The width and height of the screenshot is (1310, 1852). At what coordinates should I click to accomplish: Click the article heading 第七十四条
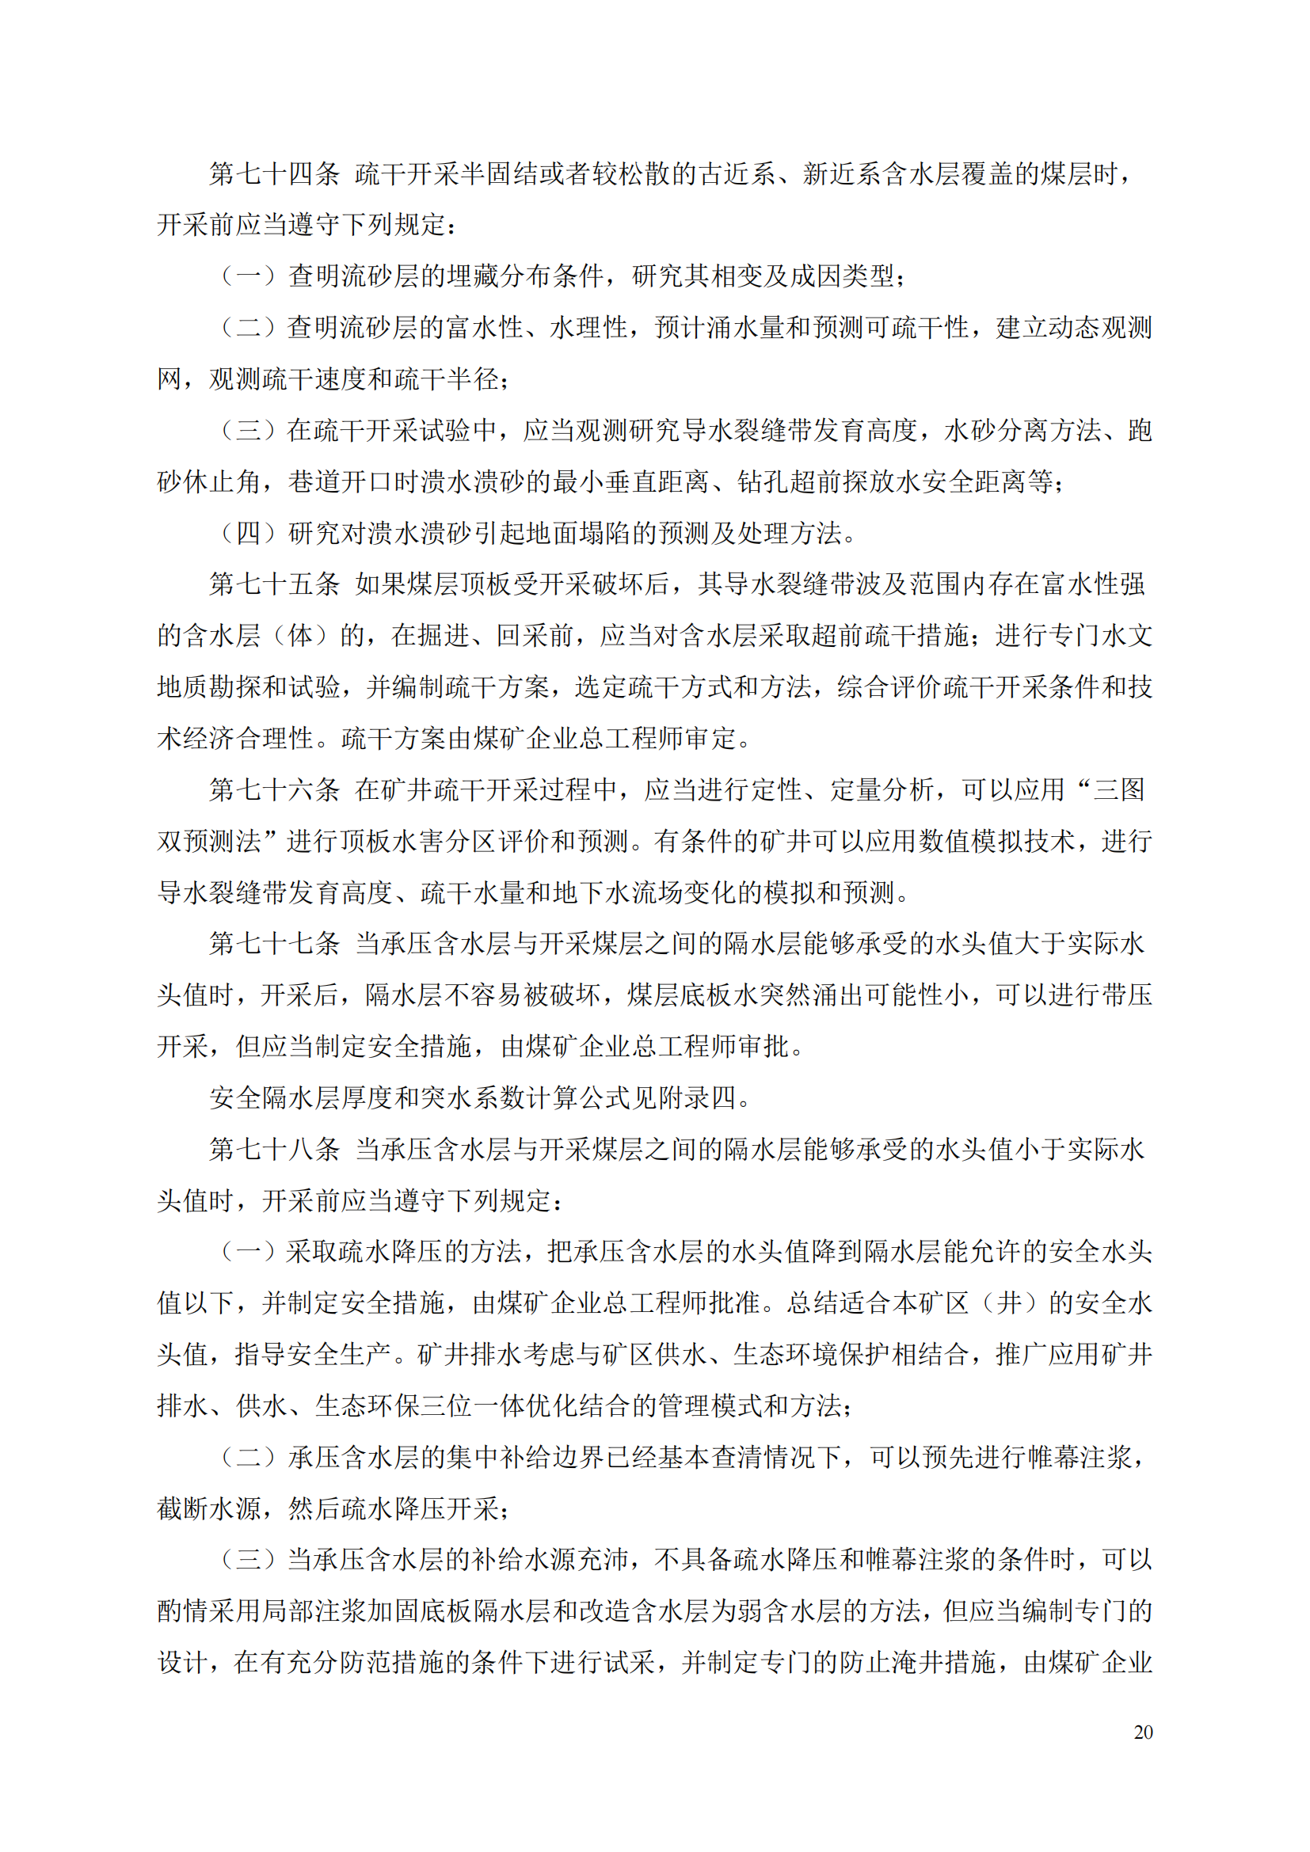click(x=274, y=173)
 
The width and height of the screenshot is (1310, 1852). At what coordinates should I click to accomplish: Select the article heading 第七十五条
click(x=274, y=584)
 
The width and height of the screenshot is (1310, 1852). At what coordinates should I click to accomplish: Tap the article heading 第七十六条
click(x=274, y=789)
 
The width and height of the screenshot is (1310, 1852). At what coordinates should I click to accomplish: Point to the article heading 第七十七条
click(x=274, y=944)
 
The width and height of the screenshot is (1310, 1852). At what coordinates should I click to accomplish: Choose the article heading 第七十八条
click(x=274, y=1149)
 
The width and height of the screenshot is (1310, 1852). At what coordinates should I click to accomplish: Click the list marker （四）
click(x=249, y=533)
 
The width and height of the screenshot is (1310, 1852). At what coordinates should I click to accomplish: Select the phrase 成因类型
click(x=842, y=276)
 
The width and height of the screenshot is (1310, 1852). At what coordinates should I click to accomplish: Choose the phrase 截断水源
click(x=209, y=1508)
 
